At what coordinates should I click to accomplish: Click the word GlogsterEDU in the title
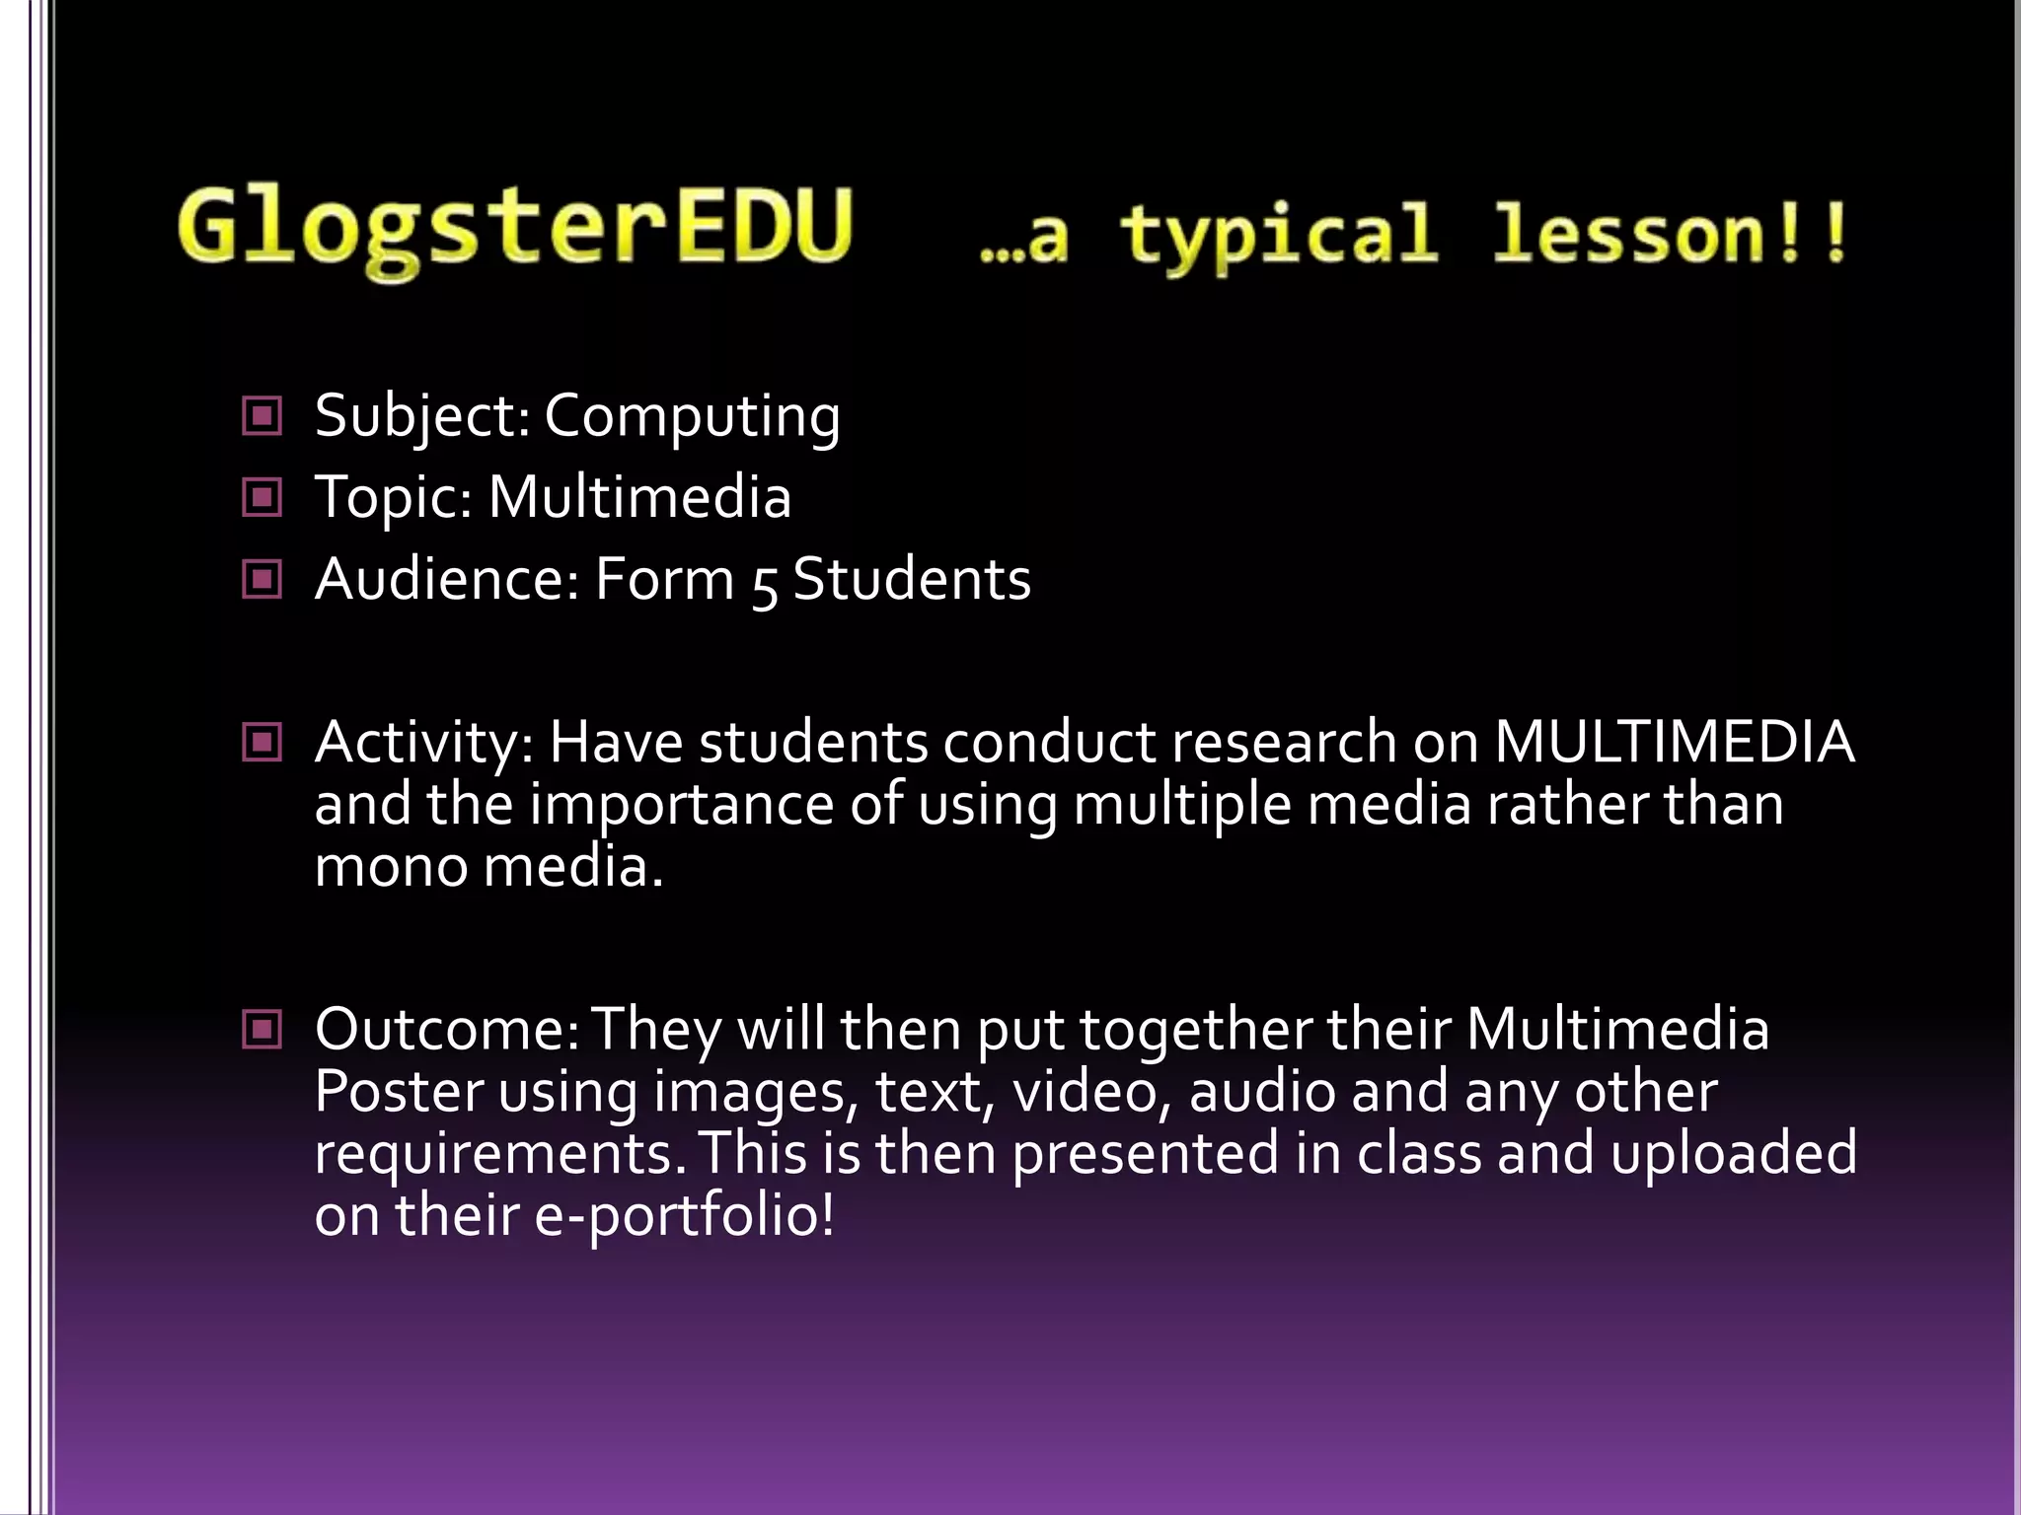coord(514,229)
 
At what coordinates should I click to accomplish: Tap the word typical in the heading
coord(1279,235)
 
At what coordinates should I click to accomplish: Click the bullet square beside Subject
coord(262,416)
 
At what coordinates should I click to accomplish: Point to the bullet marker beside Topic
coord(262,497)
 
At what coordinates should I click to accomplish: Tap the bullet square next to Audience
coord(262,579)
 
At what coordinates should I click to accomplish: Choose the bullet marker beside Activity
coord(262,742)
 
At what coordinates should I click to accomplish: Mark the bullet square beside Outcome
coord(262,1030)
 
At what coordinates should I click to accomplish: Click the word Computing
coord(692,416)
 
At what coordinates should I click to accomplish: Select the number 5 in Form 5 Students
coord(764,582)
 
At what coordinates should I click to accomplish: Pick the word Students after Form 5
coord(912,579)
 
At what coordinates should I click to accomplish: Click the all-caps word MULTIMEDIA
coord(1674,742)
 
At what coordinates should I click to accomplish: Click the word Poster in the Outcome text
coord(400,1092)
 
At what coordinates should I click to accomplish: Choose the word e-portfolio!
coord(685,1215)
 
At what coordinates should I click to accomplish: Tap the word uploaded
coord(1734,1153)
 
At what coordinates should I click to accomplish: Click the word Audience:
coord(447,579)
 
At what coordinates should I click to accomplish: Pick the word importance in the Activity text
coord(682,805)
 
